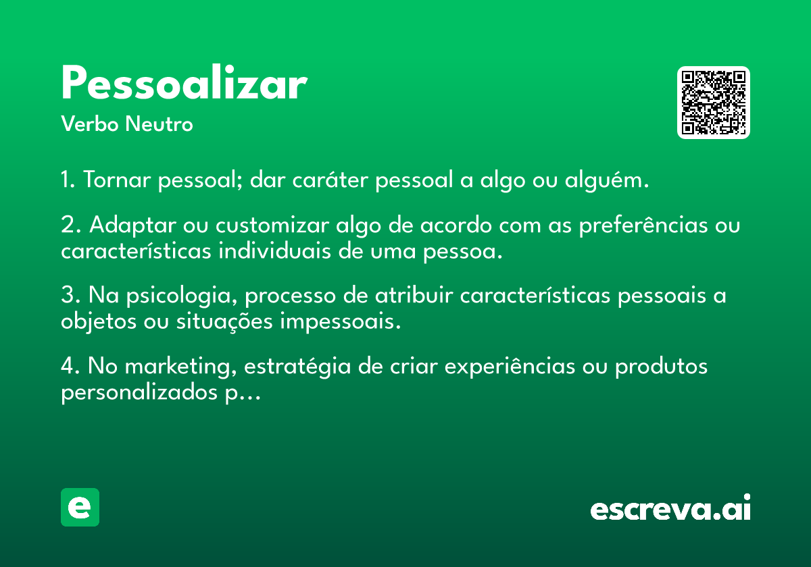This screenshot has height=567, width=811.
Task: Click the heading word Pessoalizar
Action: tap(185, 82)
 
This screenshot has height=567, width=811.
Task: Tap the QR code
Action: tap(713, 103)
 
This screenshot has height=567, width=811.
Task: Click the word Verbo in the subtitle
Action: tap(90, 124)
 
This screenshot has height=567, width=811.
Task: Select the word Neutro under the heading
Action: tap(159, 124)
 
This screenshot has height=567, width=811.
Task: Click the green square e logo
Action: tap(80, 507)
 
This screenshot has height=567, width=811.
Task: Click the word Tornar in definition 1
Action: tap(117, 180)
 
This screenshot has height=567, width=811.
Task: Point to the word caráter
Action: tap(330, 179)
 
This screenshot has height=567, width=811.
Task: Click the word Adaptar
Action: tap(133, 225)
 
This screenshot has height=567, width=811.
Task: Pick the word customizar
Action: tap(272, 225)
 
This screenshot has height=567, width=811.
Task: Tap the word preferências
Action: tap(643, 225)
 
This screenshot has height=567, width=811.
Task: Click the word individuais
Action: tap(274, 251)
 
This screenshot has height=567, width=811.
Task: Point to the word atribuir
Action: tap(414, 295)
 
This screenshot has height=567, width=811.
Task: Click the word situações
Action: tap(224, 322)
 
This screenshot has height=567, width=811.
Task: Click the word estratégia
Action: tap(297, 367)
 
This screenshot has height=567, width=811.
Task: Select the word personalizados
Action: tap(139, 393)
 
